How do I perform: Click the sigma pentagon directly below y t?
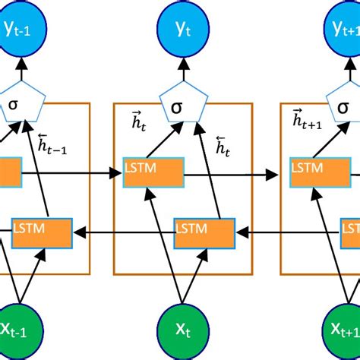tap(180, 103)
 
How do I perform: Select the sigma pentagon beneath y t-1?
tap(23, 103)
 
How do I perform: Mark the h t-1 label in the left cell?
tap(61, 145)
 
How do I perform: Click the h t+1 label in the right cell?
tap(308, 120)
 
